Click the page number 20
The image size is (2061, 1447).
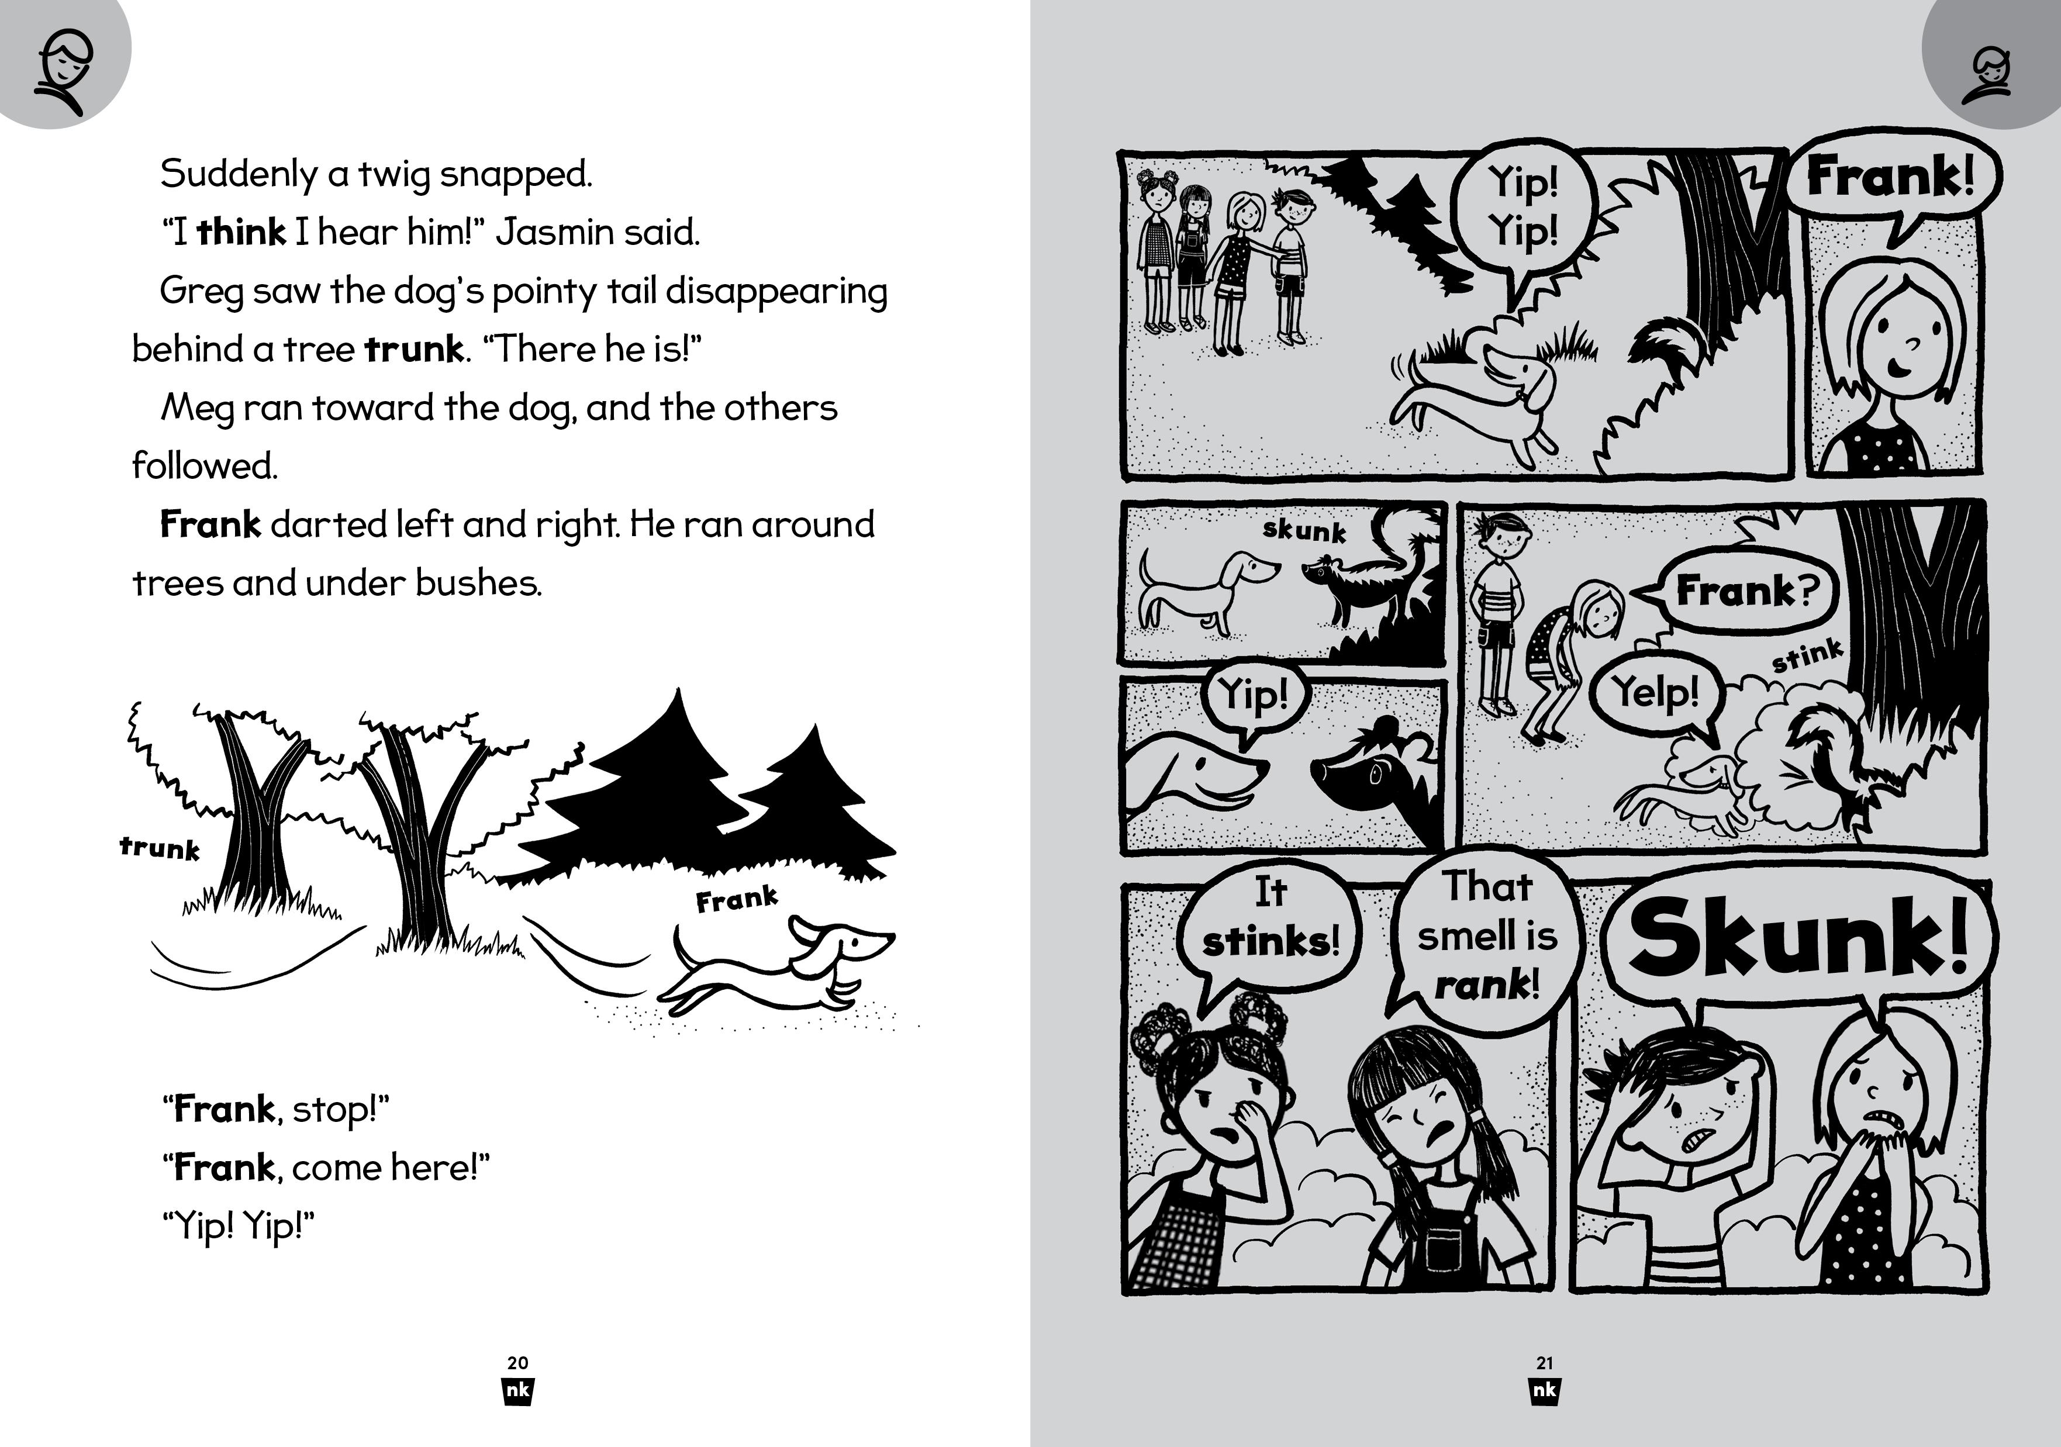[x=518, y=1363]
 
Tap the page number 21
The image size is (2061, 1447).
[x=1545, y=1363]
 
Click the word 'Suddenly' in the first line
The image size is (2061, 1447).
[x=238, y=174]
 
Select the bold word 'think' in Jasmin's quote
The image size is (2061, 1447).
[x=240, y=233]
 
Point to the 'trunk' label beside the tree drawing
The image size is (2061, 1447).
[x=160, y=848]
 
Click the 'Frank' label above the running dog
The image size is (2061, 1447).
[x=736, y=899]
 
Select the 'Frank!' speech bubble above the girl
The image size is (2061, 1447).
[x=1890, y=177]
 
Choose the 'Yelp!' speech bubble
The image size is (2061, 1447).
[x=1656, y=693]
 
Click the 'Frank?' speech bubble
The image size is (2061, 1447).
[x=1746, y=590]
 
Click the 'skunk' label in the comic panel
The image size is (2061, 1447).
[x=1304, y=530]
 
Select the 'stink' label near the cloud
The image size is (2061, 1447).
[x=1807, y=656]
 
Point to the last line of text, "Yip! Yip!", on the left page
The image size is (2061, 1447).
[x=239, y=1226]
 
